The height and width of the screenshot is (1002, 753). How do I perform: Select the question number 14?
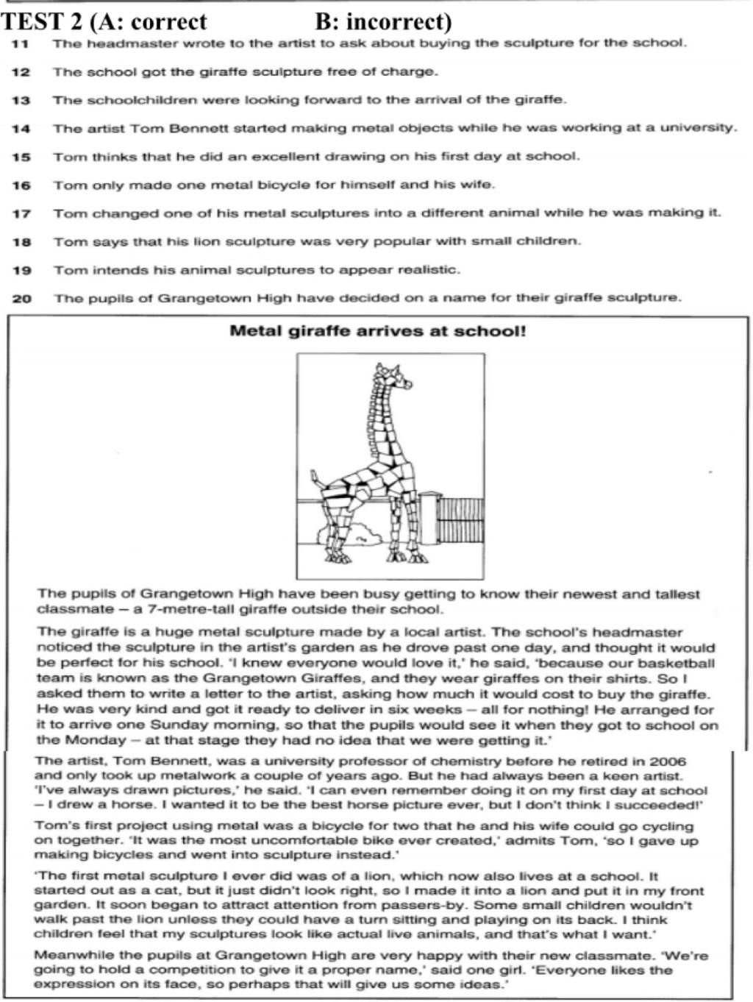point(21,129)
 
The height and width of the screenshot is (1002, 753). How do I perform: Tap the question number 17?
point(21,214)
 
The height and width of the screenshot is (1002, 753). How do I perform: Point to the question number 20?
point(21,299)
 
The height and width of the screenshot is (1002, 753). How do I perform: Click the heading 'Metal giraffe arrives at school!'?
point(378,331)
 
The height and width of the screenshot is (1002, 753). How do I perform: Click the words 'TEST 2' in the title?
point(40,21)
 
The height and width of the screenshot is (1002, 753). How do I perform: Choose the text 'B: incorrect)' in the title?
point(383,21)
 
